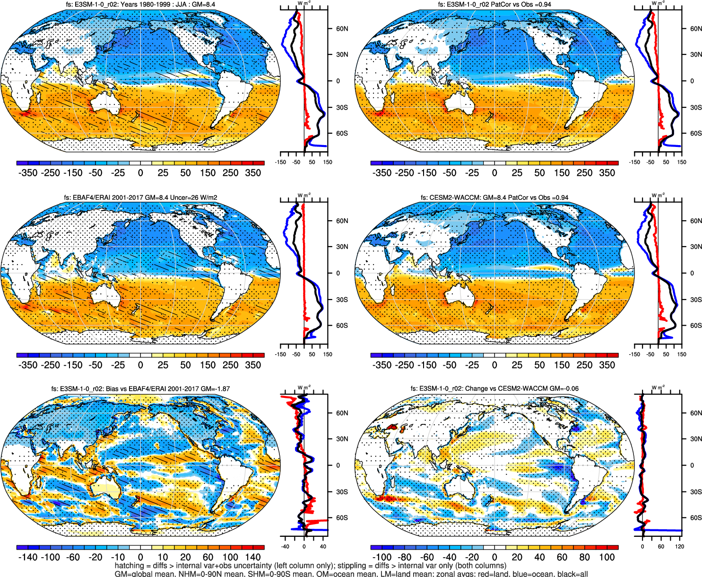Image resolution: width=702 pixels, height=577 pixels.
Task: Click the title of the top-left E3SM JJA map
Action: [140, 4]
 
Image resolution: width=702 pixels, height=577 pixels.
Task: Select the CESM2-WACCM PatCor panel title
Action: [494, 198]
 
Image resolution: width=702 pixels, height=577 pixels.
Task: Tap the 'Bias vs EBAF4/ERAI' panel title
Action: [140, 389]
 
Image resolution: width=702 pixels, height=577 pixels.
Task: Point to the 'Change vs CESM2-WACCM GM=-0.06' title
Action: [494, 389]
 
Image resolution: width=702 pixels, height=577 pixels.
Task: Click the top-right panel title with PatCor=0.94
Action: [494, 4]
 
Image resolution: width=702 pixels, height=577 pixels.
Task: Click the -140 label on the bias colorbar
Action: [28, 557]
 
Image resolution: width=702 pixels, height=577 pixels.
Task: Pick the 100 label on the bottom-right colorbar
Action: [607, 557]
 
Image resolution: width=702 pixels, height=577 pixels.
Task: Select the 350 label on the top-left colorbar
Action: [253, 173]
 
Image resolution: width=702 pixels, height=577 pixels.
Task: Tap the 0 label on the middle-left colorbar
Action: [140, 365]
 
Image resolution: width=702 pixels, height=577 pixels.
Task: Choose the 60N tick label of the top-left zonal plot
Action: [342, 29]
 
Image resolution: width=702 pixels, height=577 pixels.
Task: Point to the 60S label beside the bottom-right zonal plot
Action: [696, 518]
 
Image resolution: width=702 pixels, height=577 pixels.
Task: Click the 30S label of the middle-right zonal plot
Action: [696, 300]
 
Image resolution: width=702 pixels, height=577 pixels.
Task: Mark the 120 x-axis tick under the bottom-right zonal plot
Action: [679, 547]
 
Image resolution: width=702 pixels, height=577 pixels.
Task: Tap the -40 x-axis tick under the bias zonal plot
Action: [285, 547]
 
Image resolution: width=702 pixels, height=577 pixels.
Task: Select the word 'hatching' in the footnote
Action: [129, 566]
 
